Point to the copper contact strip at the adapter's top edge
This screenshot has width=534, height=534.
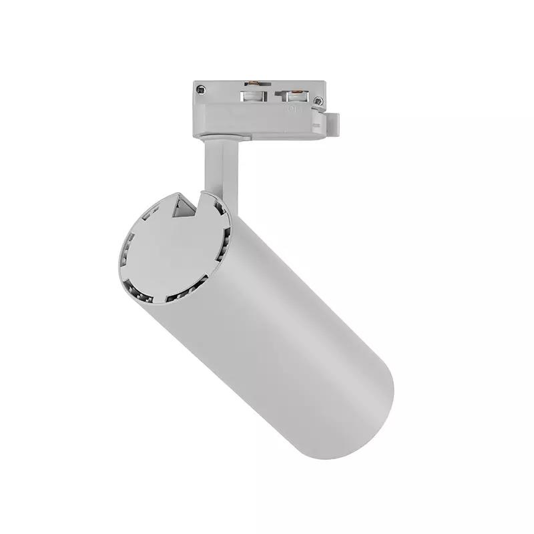coord(253,85)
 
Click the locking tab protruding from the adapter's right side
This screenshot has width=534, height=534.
coord(332,123)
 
